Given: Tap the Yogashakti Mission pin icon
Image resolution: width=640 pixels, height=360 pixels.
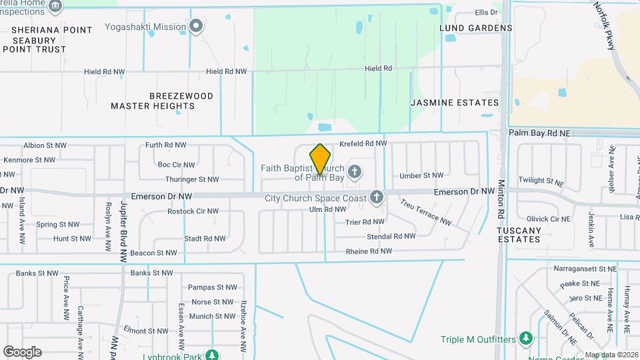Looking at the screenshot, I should pyautogui.click(x=196, y=27).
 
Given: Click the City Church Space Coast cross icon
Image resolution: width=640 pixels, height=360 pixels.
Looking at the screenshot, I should pyautogui.click(x=377, y=197).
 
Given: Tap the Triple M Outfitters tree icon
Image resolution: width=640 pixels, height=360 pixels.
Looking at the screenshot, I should pyautogui.click(x=526, y=339).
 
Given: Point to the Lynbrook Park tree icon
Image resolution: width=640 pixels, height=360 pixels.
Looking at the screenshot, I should pyautogui.click(x=212, y=355).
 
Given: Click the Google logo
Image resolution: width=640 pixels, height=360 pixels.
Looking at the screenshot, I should pyautogui.click(x=22, y=351).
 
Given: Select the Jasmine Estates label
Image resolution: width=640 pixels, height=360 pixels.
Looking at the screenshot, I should pyautogui.click(x=455, y=103).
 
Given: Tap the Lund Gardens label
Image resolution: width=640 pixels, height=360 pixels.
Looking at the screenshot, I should pyautogui.click(x=476, y=28).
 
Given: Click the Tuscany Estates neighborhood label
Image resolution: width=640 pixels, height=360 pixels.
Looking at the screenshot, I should pyautogui.click(x=519, y=234).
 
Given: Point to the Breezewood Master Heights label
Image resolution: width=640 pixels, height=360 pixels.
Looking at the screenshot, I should pyautogui.click(x=162, y=101).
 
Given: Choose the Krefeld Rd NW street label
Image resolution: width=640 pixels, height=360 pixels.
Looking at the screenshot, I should pyautogui.click(x=363, y=143).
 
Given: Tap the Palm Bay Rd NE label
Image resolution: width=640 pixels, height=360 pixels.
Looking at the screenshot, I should pyautogui.click(x=540, y=133).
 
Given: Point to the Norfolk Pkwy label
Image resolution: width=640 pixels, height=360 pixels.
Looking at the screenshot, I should pyautogui.click(x=606, y=21).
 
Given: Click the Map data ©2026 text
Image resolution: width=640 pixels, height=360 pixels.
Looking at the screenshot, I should pyautogui.click(x=611, y=355).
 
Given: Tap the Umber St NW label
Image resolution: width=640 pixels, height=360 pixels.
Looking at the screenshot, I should pyautogui.click(x=421, y=175).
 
